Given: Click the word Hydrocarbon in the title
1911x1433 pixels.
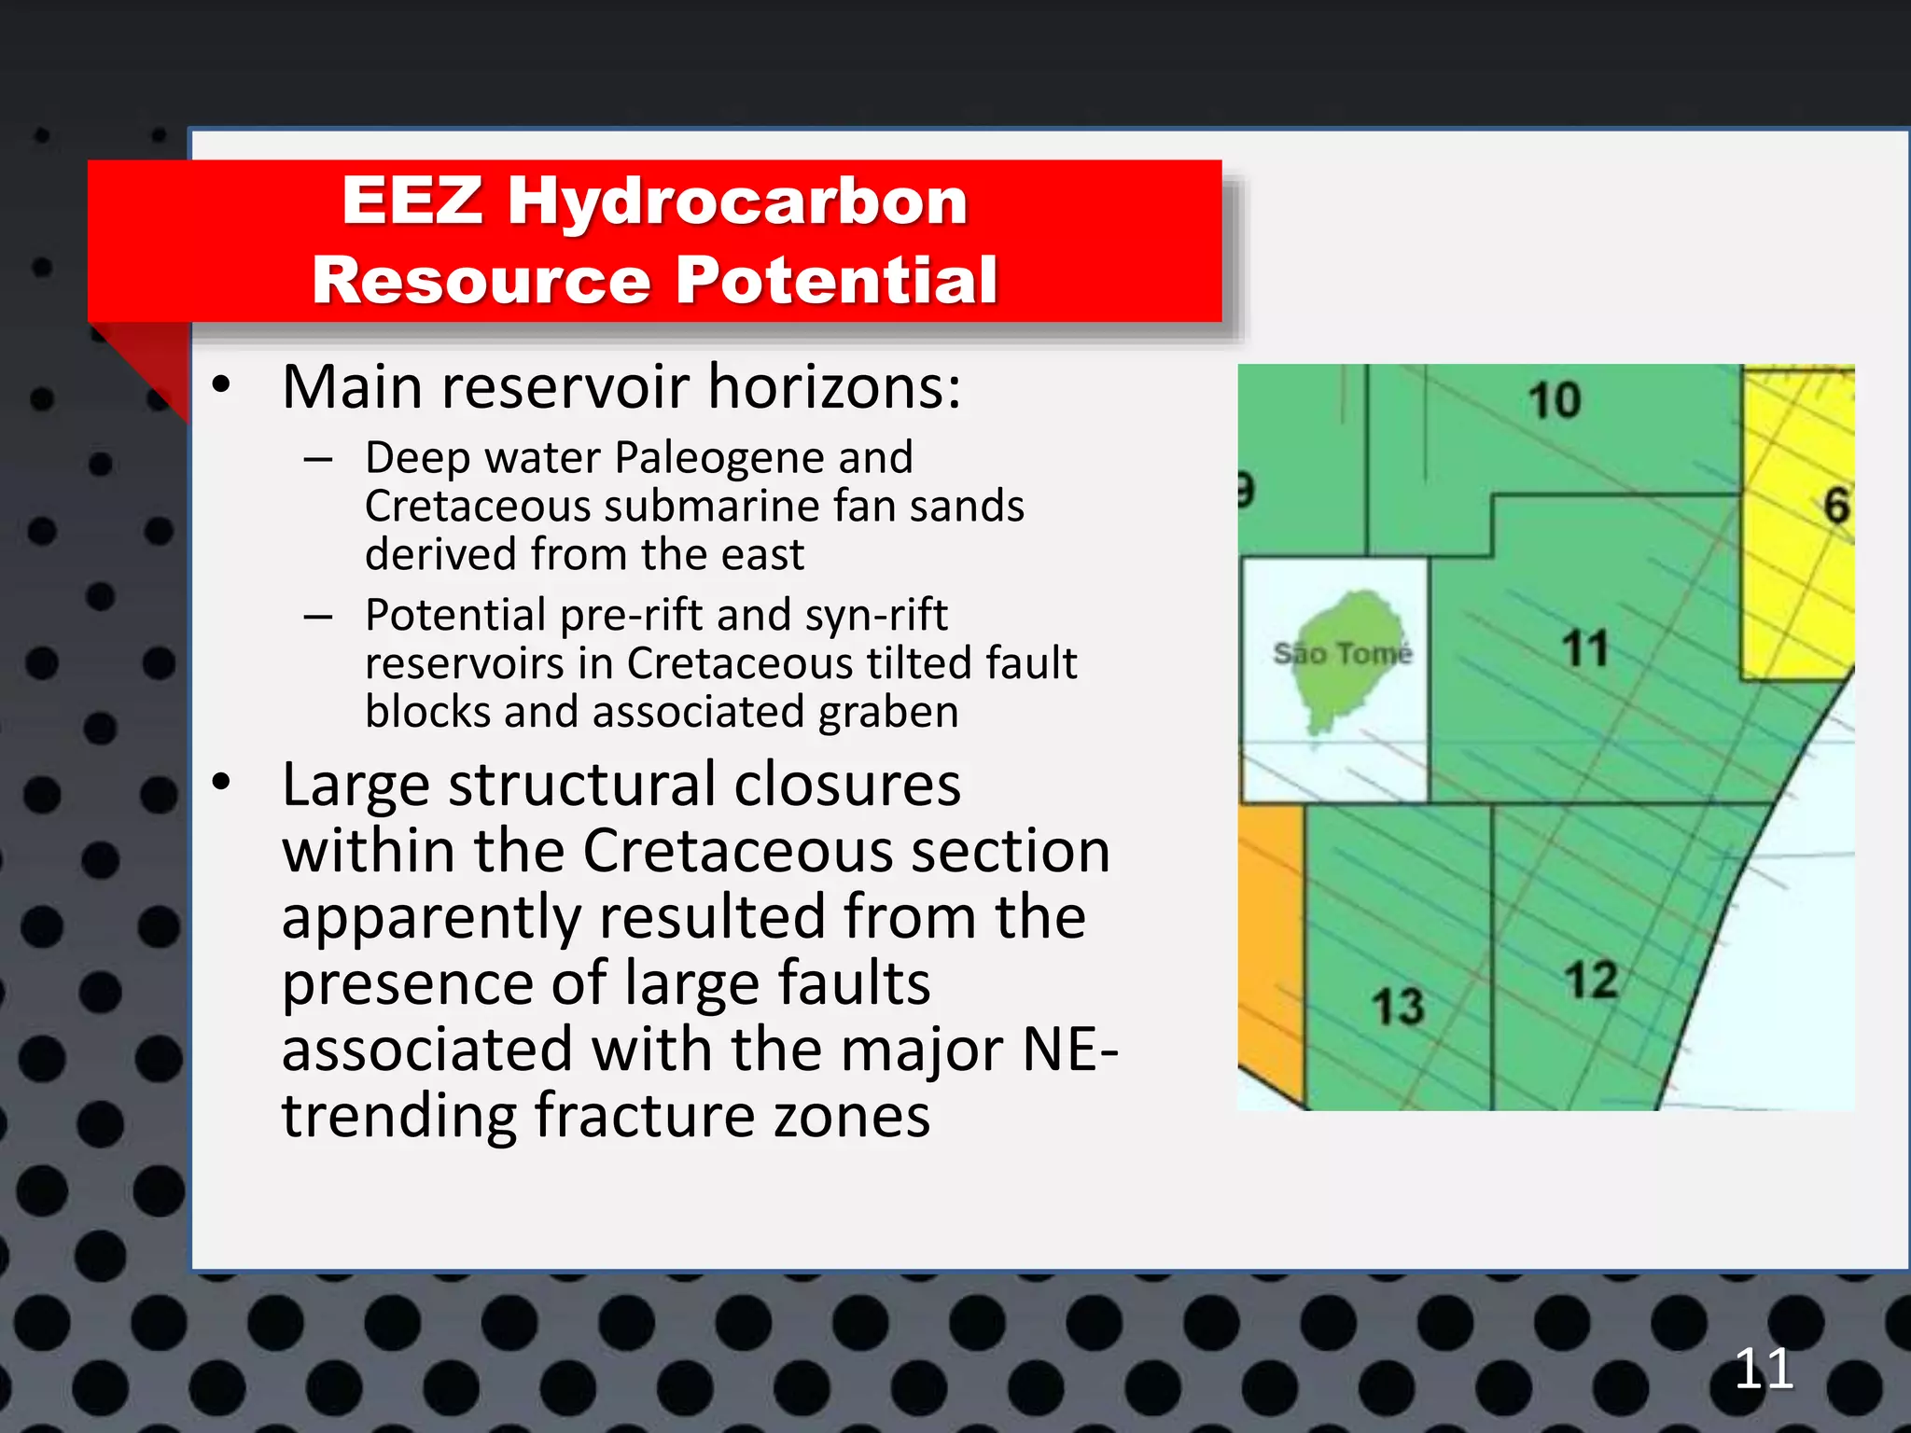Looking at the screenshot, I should (x=737, y=202).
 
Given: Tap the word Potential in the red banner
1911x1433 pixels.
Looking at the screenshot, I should (x=836, y=280).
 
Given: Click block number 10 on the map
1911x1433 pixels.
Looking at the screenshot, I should (x=1555, y=401).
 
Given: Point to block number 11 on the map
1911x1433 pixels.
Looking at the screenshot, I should (x=1585, y=648).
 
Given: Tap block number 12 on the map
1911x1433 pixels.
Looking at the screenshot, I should (x=1591, y=981).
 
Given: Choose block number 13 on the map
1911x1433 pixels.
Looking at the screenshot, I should (x=1398, y=1008).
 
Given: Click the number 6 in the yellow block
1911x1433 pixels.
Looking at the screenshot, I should (x=1835, y=507).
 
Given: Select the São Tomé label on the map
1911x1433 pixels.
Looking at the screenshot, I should (x=1342, y=654).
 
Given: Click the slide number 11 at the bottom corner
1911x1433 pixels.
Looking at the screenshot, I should (x=1764, y=1370).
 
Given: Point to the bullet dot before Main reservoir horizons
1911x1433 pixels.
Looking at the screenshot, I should (x=221, y=385).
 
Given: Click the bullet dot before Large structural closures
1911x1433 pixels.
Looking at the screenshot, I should (x=221, y=783).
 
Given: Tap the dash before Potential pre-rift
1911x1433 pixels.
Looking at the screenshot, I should (x=318, y=617).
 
